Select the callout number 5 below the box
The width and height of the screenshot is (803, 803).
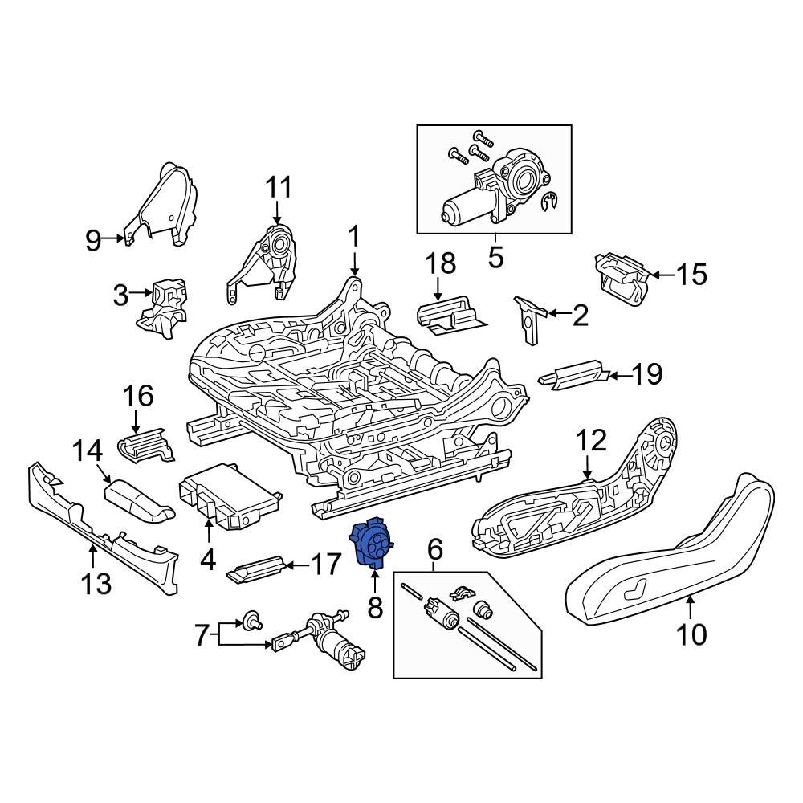495,258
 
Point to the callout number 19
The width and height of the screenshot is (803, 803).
646,374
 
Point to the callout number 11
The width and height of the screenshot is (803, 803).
278,188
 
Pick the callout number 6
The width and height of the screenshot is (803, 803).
435,550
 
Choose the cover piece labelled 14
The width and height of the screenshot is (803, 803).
138,498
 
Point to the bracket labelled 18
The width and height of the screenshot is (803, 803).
450,314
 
